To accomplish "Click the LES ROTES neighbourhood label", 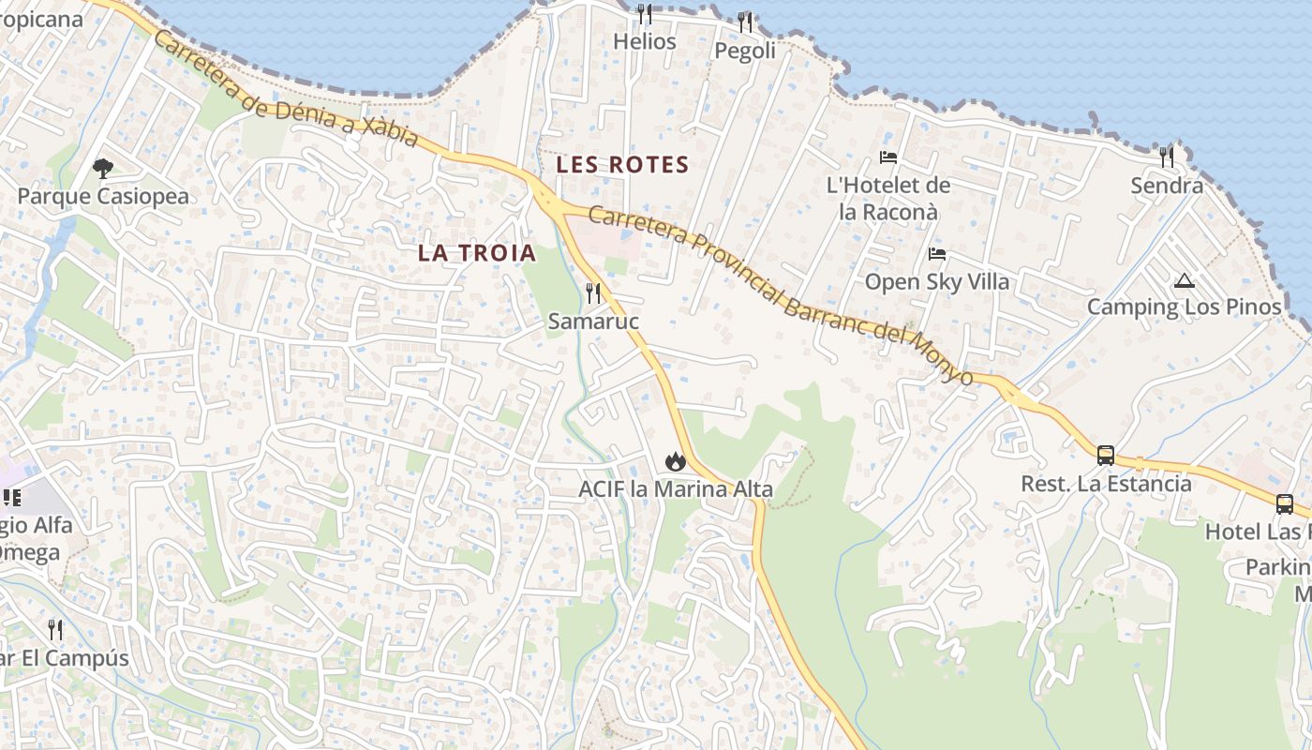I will click(622, 165).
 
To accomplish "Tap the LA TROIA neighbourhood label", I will click(477, 253).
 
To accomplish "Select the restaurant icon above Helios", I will click(645, 14).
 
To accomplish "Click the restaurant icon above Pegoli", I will click(745, 22).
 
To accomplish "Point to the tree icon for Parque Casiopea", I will click(103, 169).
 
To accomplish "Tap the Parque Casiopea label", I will click(103, 197).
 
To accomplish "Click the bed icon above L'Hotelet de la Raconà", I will click(888, 157).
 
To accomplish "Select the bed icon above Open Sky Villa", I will click(937, 254).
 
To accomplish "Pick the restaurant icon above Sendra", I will click(1167, 157).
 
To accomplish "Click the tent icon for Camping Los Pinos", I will click(1185, 280).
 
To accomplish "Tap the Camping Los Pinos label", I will click(1184, 307).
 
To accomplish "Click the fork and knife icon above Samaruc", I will click(593, 293).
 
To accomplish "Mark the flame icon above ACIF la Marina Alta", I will click(675, 461).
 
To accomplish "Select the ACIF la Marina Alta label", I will click(675, 489).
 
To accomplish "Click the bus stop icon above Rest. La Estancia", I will click(1106, 456).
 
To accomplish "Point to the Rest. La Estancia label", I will click(1106, 485).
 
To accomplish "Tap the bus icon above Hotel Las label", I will click(1285, 504).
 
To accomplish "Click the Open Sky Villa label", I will click(937, 282).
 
